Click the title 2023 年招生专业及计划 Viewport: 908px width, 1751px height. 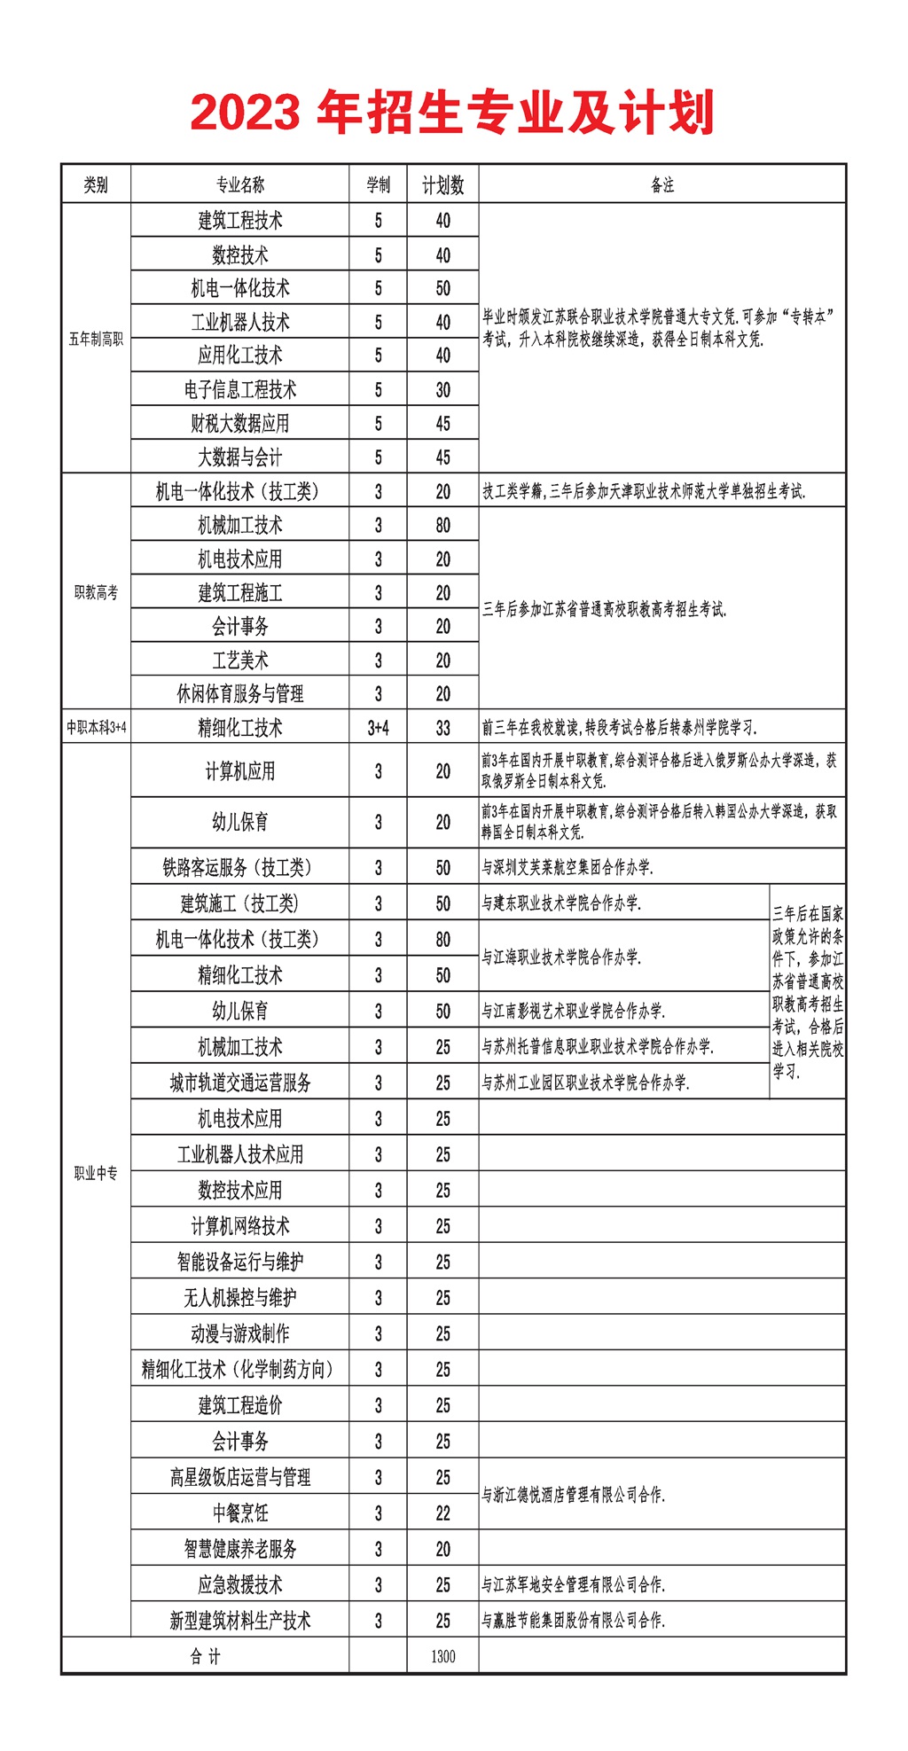point(452,113)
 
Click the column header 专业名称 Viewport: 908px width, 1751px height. point(239,184)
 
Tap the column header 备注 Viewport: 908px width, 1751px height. point(662,184)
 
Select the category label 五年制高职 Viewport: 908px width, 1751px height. point(96,339)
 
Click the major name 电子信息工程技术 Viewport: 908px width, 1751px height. point(239,389)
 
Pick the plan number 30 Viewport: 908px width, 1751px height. point(442,389)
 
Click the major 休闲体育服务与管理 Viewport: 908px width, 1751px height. point(239,693)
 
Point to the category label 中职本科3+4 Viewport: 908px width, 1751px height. point(96,728)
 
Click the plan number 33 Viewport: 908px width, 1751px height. point(442,728)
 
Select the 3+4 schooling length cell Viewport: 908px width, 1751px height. point(378,728)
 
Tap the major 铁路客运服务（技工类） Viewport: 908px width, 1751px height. point(239,867)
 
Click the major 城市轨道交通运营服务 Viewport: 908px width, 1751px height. point(239,1083)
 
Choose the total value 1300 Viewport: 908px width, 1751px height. point(442,1656)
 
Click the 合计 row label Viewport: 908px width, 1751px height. point(205,1656)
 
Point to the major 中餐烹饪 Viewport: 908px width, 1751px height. point(239,1513)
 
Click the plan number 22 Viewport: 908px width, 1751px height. point(442,1513)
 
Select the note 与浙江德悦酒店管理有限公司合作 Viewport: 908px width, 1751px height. point(573,1495)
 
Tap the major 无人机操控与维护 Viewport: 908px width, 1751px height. point(239,1298)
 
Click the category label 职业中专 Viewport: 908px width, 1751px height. point(96,1173)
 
